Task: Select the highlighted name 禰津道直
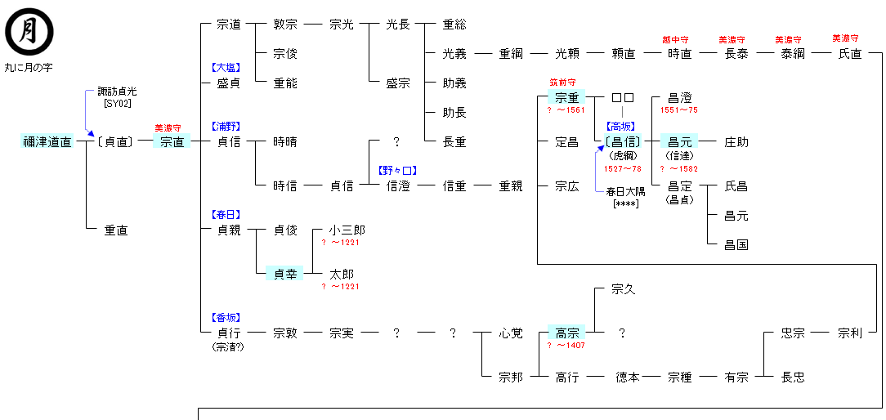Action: (x=47, y=141)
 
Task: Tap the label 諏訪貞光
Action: (x=117, y=92)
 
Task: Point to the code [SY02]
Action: (x=118, y=103)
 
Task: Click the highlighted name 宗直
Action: (x=172, y=141)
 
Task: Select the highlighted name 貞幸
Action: (x=285, y=274)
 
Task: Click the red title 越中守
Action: (x=675, y=39)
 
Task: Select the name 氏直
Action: (x=850, y=53)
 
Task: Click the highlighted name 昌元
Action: (x=680, y=141)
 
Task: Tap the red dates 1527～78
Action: (x=623, y=168)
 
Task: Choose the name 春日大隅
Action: (x=624, y=191)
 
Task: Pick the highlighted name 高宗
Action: (x=567, y=333)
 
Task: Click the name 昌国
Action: (x=736, y=244)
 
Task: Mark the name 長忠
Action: (x=793, y=377)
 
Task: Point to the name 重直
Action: (x=116, y=230)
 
